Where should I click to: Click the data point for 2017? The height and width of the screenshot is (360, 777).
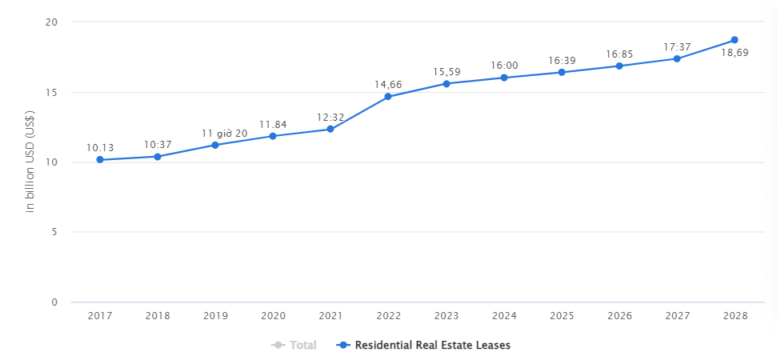click(100, 159)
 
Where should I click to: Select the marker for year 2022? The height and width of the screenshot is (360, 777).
click(388, 96)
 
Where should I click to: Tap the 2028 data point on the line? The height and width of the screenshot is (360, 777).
click(735, 40)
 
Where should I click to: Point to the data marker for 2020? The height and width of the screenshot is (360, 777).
click(273, 136)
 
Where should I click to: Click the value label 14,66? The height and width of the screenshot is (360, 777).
click(388, 85)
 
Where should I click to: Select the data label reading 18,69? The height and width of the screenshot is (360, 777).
click(735, 53)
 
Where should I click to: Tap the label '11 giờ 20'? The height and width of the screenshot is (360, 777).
click(225, 134)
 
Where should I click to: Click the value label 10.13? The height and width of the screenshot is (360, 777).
click(100, 147)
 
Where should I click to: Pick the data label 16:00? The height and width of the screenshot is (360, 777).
click(504, 66)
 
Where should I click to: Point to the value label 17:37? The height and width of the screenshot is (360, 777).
click(677, 47)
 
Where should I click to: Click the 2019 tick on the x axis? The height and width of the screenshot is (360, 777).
click(215, 316)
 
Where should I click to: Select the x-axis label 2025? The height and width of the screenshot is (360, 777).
click(562, 316)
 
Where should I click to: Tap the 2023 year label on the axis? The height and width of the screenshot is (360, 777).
click(447, 316)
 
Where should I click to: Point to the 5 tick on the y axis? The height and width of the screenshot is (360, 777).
click(54, 232)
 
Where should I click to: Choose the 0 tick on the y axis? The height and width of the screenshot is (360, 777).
click(54, 302)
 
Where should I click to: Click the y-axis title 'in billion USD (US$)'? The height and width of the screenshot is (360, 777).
click(30, 162)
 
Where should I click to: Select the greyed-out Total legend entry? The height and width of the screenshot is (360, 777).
click(294, 345)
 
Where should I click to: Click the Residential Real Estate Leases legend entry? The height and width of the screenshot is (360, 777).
click(423, 345)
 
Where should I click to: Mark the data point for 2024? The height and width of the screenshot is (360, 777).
click(504, 78)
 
